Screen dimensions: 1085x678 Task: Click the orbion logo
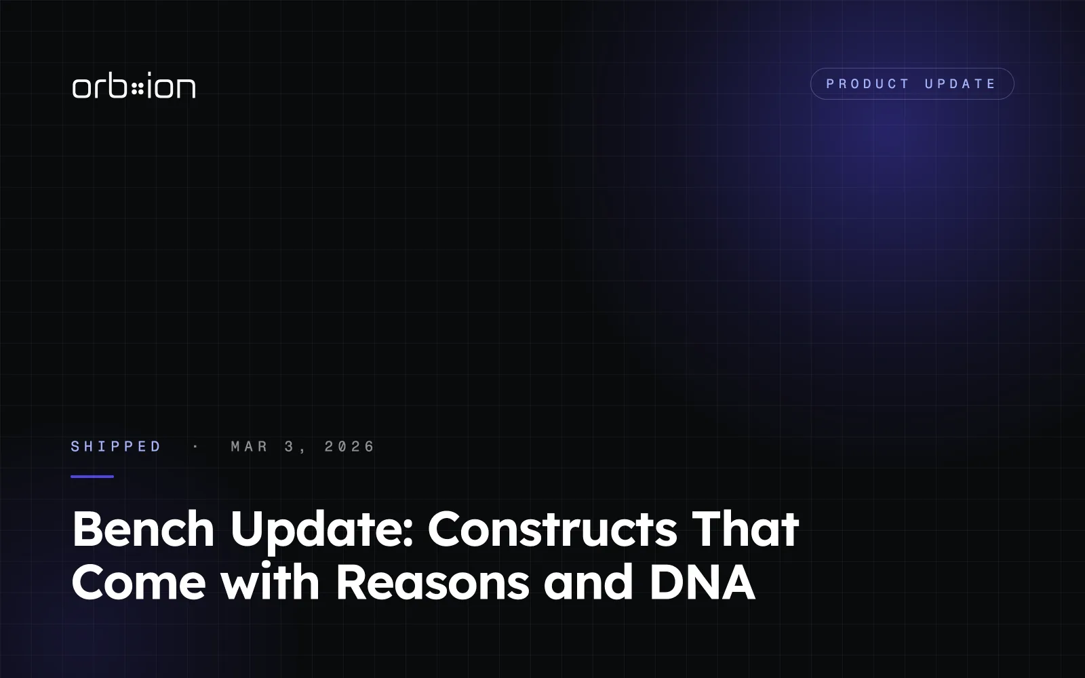pyautogui.click(x=134, y=85)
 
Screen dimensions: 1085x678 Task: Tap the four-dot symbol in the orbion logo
pyautogui.click(x=138, y=89)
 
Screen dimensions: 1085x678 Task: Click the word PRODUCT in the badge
pyautogui.click(x=867, y=84)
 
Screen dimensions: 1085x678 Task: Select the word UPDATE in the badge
pyautogui.click(x=960, y=84)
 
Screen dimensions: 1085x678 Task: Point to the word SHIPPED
pyautogui.click(x=116, y=446)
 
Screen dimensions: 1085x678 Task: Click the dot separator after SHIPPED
pyautogui.click(x=196, y=446)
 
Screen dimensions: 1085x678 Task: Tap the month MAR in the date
pyautogui.click(x=250, y=446)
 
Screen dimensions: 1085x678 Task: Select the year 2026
pyautogui.click(x=350, y=446)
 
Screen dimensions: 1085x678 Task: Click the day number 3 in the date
pyautogui.click(x=289, y=446)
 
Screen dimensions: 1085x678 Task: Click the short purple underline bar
pyautogui.click(x=92, y=477)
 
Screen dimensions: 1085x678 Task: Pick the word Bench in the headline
pyautogui.click(x=143, y=529)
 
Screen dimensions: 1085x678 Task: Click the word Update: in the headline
pyautogui.click(x=321, y=532)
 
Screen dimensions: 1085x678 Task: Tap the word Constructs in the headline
pyautogui.click(x=552, y=529)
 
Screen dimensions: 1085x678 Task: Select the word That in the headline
pyautogui.click(x=745, y=529)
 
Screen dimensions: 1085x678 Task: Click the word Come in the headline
pyautogui.click(x=139, y=582)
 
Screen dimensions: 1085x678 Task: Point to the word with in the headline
pyautogui.click(x=271, y=581)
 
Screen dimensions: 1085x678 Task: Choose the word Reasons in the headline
pyautogui.click(x=432, y=582)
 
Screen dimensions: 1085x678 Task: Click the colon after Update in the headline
pyautogui.click(x=408, y=536)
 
